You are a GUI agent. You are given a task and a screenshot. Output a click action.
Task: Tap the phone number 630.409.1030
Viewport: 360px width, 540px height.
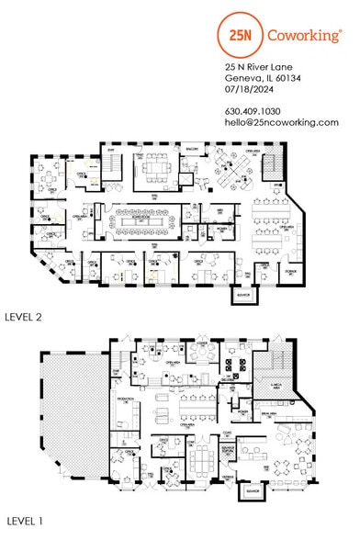coord(256,111)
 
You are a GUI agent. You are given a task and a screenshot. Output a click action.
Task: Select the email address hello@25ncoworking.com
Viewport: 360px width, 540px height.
coord(282,122)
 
